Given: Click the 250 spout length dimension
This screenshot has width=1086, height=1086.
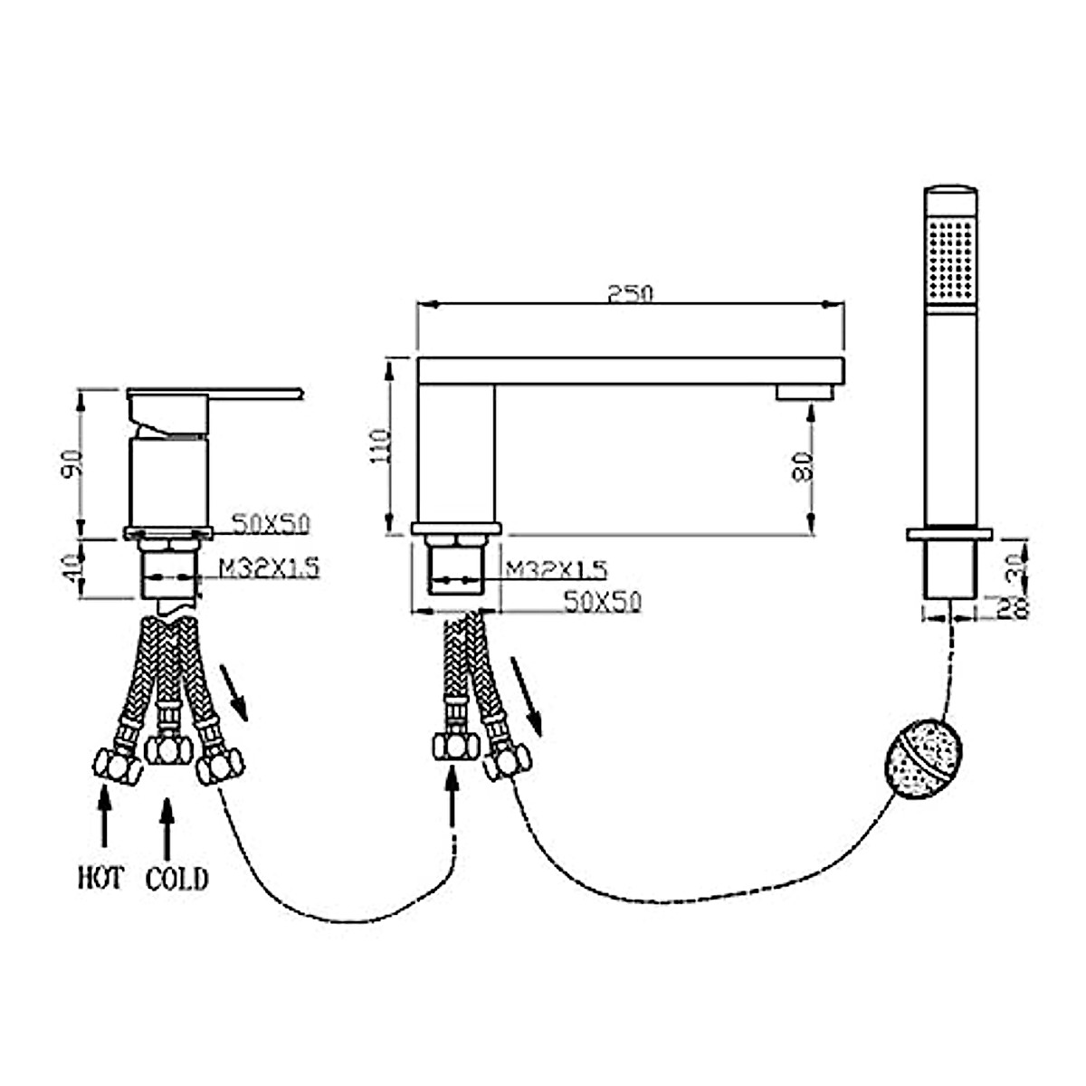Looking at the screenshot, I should coord(631,294).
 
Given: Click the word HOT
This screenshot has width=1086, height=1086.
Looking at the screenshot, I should coord(100,877).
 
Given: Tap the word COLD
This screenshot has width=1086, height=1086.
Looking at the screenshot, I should coord(176,878).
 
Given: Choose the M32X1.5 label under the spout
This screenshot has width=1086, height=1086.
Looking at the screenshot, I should coord(557,569).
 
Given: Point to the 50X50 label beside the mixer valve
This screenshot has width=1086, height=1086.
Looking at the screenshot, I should coord(271,523).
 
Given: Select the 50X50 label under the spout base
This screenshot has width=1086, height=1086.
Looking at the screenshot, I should coord(602,602).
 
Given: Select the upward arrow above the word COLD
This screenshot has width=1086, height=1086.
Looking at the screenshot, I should coord(167,826).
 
